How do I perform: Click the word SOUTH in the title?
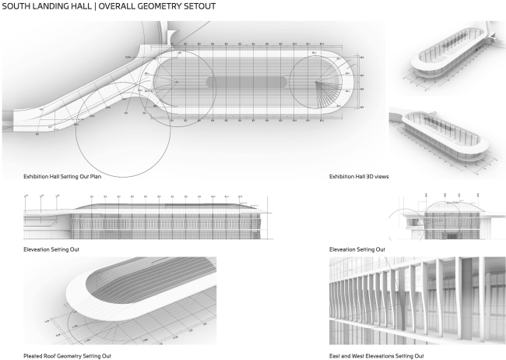pos(16,6)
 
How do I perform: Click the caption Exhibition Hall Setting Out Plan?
pos(62,177)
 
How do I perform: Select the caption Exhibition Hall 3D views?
pos(359,177)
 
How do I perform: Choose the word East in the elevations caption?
pos(336,355)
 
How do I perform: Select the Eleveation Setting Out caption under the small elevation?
pos(357,249)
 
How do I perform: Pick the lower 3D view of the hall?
pos(444,138)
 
